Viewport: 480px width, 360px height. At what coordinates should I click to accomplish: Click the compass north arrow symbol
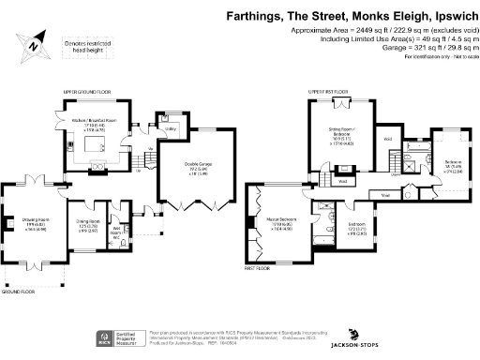pyautogui.click(x=35, y=42)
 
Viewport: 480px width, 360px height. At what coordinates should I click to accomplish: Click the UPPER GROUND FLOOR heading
pyautogui.click(x=87, y=92)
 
